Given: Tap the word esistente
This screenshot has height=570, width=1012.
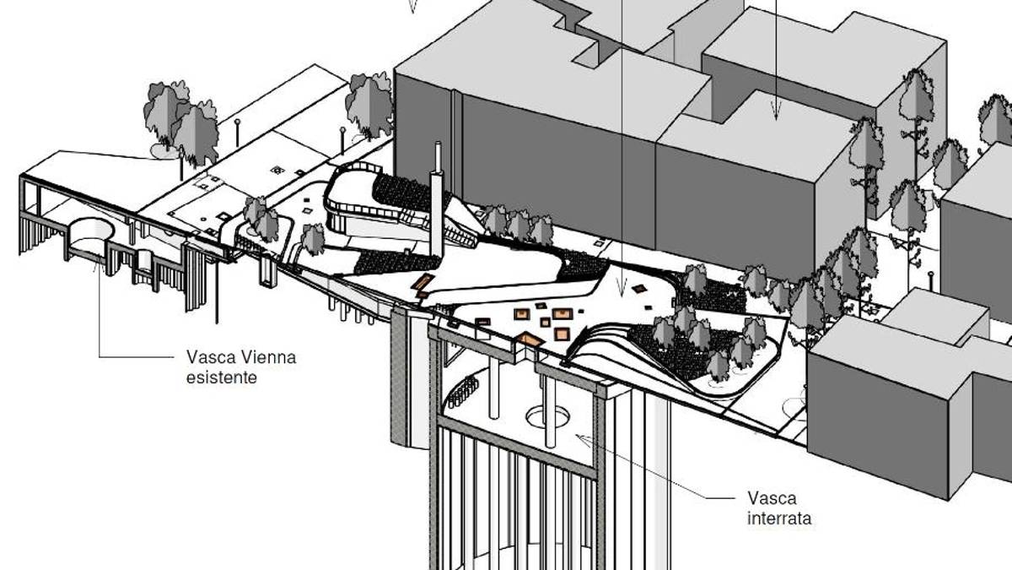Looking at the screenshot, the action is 221,377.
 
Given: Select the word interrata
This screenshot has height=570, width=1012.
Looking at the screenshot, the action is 779,518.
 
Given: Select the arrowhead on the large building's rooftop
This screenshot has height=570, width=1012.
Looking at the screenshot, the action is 776,110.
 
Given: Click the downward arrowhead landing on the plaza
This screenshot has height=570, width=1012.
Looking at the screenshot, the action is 622,286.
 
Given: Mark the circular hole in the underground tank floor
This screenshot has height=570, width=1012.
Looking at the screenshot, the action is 547,416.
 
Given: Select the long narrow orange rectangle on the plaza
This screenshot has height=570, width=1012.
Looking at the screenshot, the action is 423,282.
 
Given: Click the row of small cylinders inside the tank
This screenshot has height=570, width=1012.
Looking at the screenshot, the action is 464,391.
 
